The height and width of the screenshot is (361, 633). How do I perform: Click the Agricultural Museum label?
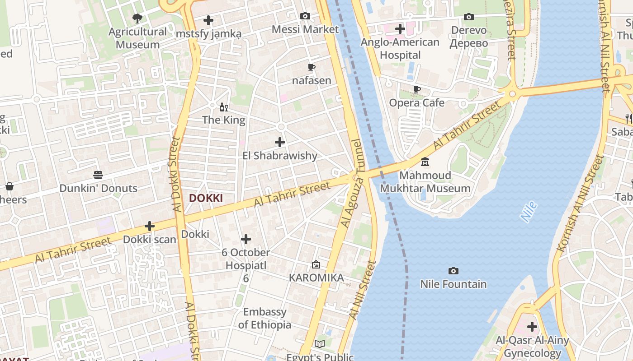coord(137,38)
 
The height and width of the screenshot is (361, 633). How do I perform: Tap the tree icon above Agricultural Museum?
coord(137,19)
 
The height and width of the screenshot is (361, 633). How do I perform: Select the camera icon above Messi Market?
coord(305,16)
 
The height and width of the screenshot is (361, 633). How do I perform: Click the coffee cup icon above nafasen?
coord(312,68)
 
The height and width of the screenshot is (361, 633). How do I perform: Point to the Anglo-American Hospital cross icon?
coord(400,29)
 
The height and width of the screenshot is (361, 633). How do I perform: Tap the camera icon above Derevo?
coord(469,17)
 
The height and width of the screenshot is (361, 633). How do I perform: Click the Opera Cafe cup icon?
coord(417,90)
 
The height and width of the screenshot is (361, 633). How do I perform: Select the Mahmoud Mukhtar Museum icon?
coord(425,162)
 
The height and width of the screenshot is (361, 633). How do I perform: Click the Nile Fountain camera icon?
coord(453,271)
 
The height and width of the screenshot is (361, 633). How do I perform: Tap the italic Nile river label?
coord(529,212)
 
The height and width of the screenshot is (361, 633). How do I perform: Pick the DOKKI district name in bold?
coord(206,198)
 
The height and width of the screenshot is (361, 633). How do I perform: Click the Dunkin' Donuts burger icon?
coord(98,175)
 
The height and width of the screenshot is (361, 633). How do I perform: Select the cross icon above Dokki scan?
coord(150,226)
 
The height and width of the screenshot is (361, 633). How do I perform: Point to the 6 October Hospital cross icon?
coord(246,239)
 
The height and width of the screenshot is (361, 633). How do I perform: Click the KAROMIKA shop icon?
coord(316,264)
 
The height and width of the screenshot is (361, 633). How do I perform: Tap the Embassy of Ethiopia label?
coord(265,318)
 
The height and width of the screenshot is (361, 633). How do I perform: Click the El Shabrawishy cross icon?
coord(280,142)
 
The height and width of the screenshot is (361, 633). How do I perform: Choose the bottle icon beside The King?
coord(222,107)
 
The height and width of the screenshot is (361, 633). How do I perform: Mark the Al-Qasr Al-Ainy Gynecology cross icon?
coord(532,326)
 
